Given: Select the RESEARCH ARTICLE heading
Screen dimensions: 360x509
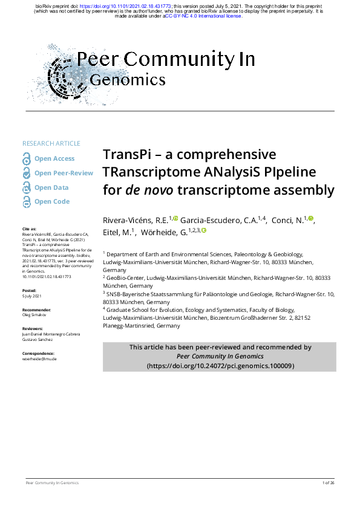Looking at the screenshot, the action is [51, 143].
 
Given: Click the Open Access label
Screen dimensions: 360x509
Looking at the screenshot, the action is [54, 158].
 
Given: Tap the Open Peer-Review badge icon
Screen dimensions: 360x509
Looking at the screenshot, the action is [27, 173].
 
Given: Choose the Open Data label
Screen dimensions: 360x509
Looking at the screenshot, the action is [51, 187].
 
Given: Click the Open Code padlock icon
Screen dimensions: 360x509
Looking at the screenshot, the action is [27, 202].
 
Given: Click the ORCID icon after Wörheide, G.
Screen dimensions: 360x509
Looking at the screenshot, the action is [205, 230].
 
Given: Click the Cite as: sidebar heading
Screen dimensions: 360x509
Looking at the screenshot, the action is [29, 229].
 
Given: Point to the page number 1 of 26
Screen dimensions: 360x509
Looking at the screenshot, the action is [329, 483].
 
